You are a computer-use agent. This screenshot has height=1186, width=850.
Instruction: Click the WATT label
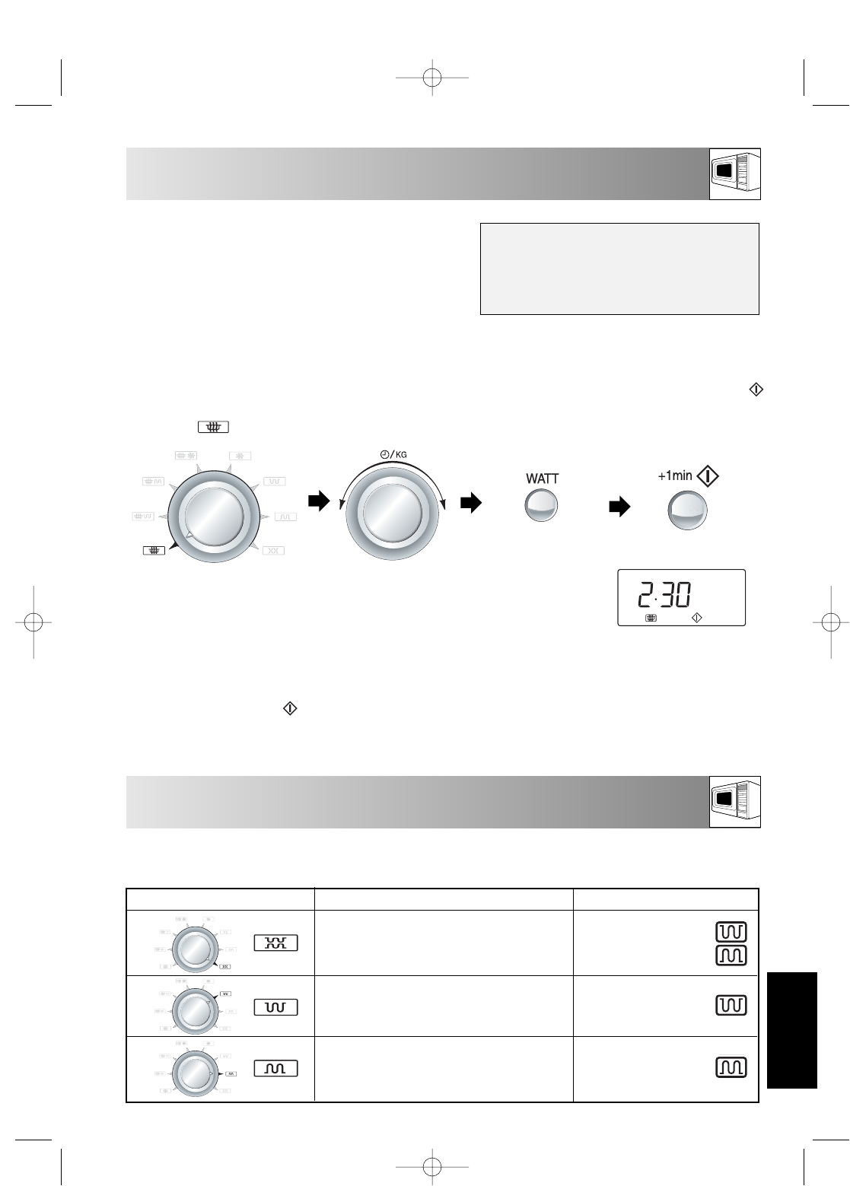[x=542, y=479]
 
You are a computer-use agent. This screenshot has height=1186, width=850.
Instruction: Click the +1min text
[x=675, y=475]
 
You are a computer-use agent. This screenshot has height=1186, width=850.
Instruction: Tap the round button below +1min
[x=687, y=510]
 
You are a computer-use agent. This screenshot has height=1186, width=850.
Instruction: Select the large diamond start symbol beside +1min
[x=707, y=476]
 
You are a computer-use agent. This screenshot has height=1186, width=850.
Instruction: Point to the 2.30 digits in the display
[x=664, y=594]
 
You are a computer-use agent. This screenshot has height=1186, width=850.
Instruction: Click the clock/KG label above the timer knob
[x=393, y=454]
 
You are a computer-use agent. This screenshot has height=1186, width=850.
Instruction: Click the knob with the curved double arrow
[x=392, y=513]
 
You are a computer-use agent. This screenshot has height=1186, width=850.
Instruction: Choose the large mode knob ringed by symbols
[x=213, y=517]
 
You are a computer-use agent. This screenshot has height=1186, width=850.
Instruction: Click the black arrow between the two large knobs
[x=319, y=501]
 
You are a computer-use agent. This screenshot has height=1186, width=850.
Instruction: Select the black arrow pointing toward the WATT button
[x=471, y=502]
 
